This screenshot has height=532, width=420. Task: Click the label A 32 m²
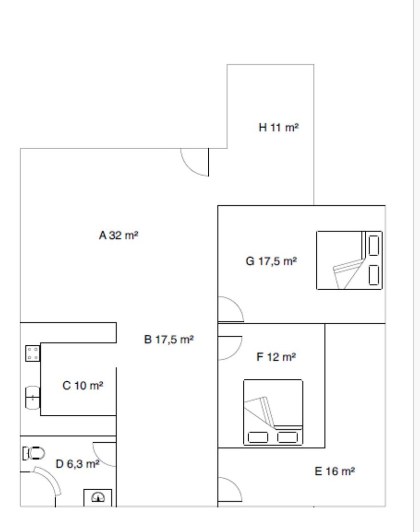[x=118, y=235]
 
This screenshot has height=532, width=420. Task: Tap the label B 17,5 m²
[x=169, y=339]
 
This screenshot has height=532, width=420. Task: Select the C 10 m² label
[x=83, y=385]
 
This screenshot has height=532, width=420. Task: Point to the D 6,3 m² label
[x=77, y=464]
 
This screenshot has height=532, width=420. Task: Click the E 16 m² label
[x=335, y=471]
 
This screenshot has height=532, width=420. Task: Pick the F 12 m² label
[x=276, y=357]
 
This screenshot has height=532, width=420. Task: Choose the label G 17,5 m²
[x=271, y=261]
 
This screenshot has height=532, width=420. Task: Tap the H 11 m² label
[x=279, y=128]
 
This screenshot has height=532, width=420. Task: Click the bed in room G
[x=349, y=260]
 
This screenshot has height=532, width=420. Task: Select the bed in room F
[x=273, y=412]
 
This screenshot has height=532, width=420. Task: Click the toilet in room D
[x=34, y=453]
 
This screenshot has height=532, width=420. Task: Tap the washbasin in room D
[x=98, y=498]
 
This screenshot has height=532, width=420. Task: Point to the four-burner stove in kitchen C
[x=33, y=353]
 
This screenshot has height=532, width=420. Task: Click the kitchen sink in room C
[x=33, y=398]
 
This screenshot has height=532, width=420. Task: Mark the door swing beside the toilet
[x=50, y=478]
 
